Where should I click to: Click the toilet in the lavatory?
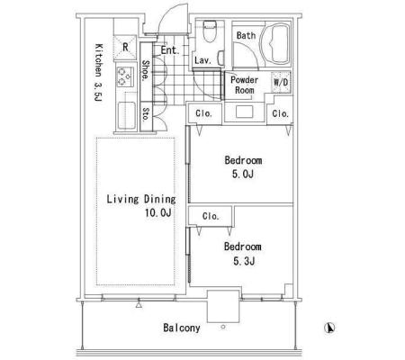click(210, 31)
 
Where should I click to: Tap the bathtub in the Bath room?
click(275, 44)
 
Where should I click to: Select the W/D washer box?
click(281, 82)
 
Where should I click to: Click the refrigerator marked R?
click(125, 48)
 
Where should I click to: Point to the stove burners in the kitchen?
click(125, 76)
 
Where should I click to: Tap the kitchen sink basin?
click(126, 115)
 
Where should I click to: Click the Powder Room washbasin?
click(245, 112)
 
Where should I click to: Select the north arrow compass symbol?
click(329, 328)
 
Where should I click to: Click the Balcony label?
click(182, 328)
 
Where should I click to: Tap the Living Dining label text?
click(141, 199)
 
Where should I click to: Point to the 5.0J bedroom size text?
click(243, 174)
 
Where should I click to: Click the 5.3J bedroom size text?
click(244, 261)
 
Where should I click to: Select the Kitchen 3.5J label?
click(99, 72)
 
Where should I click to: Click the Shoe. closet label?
click(146, 70)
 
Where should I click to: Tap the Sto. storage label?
click(146, 114)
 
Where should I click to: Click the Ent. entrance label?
click(170, 50)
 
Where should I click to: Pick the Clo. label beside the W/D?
click(281, 113)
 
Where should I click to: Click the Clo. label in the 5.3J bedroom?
click(211, 216)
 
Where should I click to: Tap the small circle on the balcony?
click(223, 327)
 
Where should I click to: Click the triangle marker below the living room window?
click(139, 305)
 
